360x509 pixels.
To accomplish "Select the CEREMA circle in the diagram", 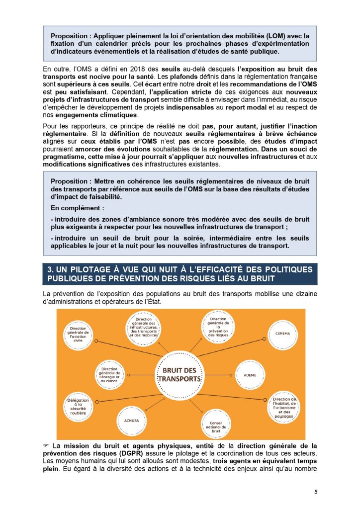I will click(x=282, y=334).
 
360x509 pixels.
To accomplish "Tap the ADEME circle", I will click(x=250, y=375).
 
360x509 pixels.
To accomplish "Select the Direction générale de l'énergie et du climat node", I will click(x=109, y=374).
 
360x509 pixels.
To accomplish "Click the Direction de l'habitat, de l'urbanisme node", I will click(x=284, y=406).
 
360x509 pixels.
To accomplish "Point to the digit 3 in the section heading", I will click(x=50, y=269).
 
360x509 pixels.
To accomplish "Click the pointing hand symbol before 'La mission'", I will click(x=46, y=445).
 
